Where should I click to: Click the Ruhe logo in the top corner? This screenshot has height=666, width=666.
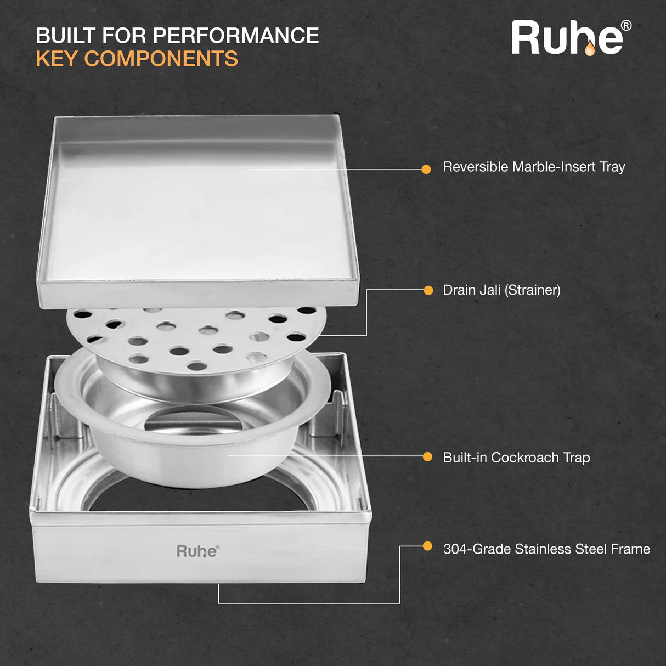pyautogui.click(x=567, y=38)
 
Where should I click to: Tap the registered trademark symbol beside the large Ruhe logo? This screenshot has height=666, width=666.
pyautogui.click(x=625, y=26)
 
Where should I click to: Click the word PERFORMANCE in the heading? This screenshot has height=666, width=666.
pyautogui.click(x=236, y=36)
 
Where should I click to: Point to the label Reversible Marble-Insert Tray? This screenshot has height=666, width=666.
pyautogui.click(x=534, y=167)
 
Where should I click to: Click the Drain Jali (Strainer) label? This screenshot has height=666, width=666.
pyautogui.click(x=501, y=290)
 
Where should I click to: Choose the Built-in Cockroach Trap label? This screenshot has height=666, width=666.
pyautogui.click(x=516, y=458)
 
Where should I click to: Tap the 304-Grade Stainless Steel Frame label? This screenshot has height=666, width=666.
pyautogui.click(x=546, y=549)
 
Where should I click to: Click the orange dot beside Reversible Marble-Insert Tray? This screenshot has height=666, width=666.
pyautogui.click(x=426, y=170)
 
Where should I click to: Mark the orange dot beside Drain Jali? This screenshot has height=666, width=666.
pyautogui.click(x=428, y=290)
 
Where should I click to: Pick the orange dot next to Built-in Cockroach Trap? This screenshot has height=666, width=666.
pyautogui.click(x=427, y=456)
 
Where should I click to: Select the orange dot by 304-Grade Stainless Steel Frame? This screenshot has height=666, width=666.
pyautogui.click(x=427, y=546)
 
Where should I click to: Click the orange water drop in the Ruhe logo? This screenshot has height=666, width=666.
pyautogui.click(x=589, y=50)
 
